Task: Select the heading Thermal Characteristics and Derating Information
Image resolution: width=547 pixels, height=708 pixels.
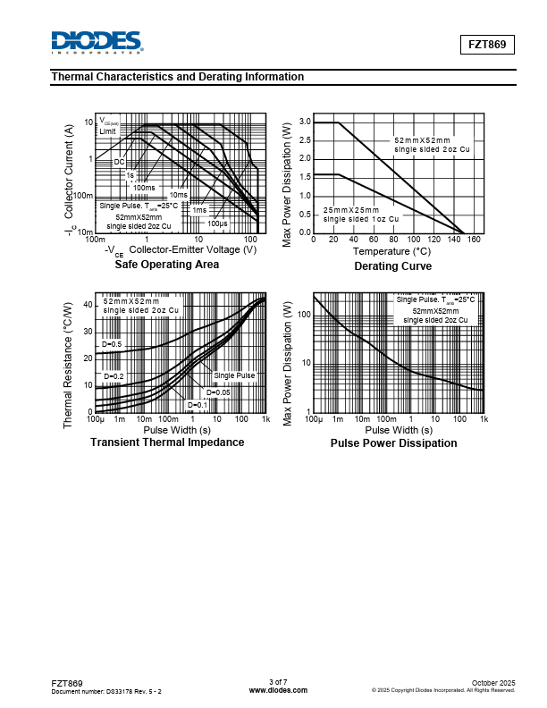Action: [178, 77]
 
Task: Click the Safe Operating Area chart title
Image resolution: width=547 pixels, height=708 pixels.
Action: [166, 265]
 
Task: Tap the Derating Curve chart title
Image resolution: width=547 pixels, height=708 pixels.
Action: [392, 266]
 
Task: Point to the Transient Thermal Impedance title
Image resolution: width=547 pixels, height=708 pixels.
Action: [167, 442]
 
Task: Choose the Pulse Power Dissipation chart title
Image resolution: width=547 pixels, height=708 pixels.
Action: [393, 443]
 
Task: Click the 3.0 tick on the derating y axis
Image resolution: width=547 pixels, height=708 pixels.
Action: [305, 122]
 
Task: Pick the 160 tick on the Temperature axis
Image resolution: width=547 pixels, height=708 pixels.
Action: [475, 240]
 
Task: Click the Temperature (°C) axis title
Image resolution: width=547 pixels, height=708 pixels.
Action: [392, 252]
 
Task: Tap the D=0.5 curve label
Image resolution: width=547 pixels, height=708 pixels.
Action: [112, 344]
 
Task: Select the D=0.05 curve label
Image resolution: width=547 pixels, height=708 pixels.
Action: [219, 392]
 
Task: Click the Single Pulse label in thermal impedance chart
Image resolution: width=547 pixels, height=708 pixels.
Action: [234, 376]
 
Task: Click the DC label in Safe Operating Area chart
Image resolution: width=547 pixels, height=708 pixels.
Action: [119, 162]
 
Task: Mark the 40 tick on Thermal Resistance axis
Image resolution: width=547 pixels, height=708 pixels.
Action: [88, 305]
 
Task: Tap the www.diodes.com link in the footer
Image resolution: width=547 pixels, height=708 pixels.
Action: [278, 690]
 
